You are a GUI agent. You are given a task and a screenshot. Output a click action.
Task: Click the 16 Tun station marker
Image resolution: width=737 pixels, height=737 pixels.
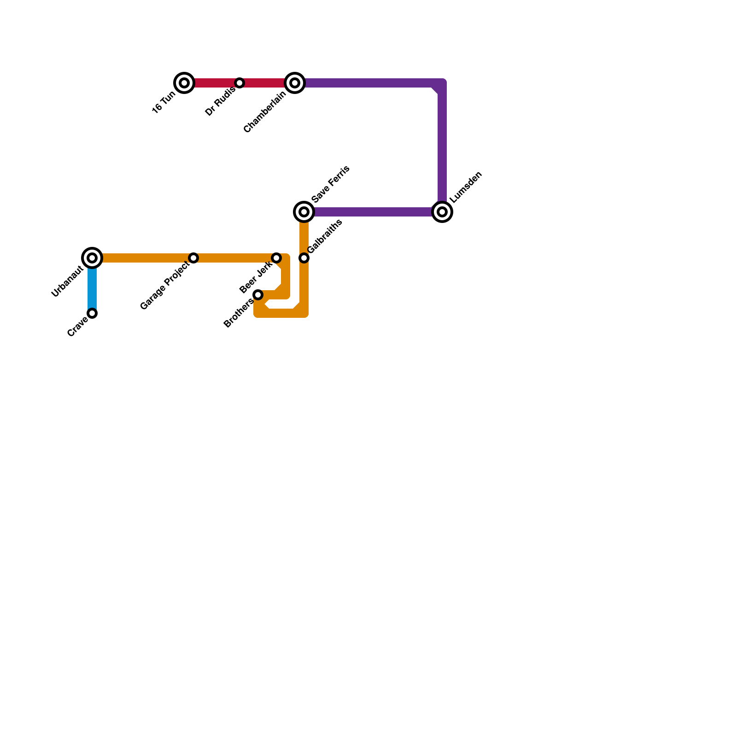coord(184,83)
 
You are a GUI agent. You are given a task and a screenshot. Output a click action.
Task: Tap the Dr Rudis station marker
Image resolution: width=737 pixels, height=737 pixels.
coord(240,83)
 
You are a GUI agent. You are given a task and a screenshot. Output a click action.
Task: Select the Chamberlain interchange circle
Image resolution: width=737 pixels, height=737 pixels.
coord(295,83)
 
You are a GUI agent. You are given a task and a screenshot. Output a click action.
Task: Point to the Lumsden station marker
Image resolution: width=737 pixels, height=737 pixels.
coord(442,212)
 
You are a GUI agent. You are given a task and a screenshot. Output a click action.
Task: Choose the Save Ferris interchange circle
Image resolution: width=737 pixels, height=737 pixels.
coord(304,212)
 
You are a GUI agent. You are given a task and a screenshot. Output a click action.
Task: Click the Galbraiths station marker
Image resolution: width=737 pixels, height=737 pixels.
coord(304,258)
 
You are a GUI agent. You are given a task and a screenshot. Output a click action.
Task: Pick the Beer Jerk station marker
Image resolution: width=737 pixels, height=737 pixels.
coord(276,258)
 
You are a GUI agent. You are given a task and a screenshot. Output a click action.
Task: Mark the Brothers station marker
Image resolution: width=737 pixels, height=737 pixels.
coord(258,295)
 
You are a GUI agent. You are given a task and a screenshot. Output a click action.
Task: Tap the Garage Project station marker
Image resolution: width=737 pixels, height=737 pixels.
coord(194,258)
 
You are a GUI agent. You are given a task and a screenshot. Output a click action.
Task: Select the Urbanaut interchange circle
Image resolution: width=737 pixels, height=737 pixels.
coord(92,258)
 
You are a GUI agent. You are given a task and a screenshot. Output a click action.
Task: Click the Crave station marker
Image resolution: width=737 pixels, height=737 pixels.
coord(92,313)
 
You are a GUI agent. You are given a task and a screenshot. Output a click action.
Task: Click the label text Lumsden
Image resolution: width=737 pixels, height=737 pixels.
coord(466,187)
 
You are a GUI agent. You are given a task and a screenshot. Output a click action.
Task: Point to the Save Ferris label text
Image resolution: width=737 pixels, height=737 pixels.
coord(331,184)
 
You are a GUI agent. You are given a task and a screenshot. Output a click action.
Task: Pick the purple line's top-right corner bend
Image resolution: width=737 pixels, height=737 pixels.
coord(441,84)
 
